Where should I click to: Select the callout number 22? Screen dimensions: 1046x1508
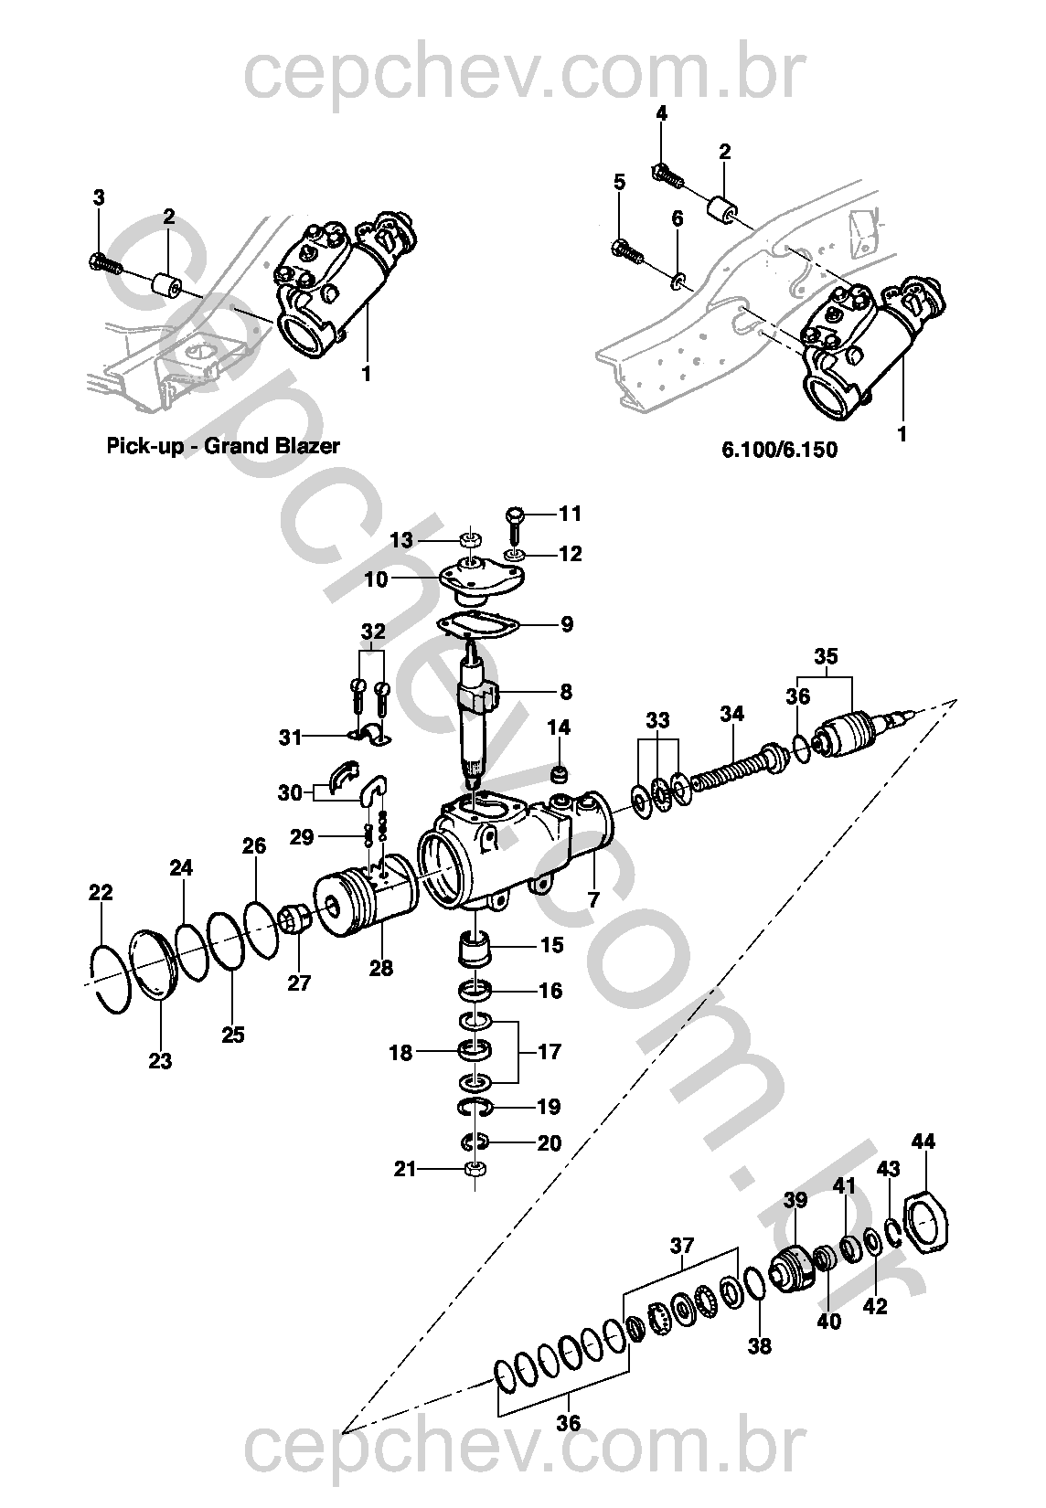101,893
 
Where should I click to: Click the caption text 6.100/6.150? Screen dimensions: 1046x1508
779,450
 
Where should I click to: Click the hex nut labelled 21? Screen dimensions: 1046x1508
476,1169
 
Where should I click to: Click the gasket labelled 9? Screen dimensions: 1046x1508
477,625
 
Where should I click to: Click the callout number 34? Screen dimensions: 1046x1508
732,714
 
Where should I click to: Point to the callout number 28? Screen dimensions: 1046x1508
381,968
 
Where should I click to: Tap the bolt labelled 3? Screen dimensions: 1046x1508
104,263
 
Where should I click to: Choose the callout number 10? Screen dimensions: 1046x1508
377,579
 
